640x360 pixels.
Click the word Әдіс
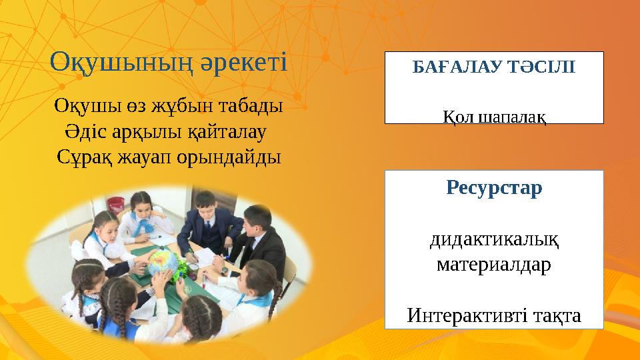coord(85,131)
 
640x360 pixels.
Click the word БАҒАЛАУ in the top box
coord(451,68)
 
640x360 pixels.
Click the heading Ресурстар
coord(494,188)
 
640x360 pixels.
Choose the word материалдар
coord(494,265)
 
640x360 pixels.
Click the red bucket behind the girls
coord(116,208)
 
